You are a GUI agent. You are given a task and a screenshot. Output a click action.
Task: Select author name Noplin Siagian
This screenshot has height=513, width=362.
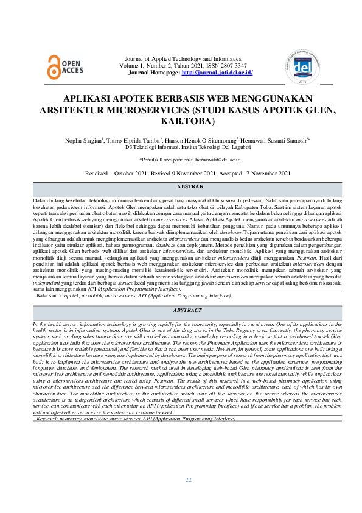(83, 140)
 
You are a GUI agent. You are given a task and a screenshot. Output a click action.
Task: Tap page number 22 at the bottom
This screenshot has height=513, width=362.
(189, 480)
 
